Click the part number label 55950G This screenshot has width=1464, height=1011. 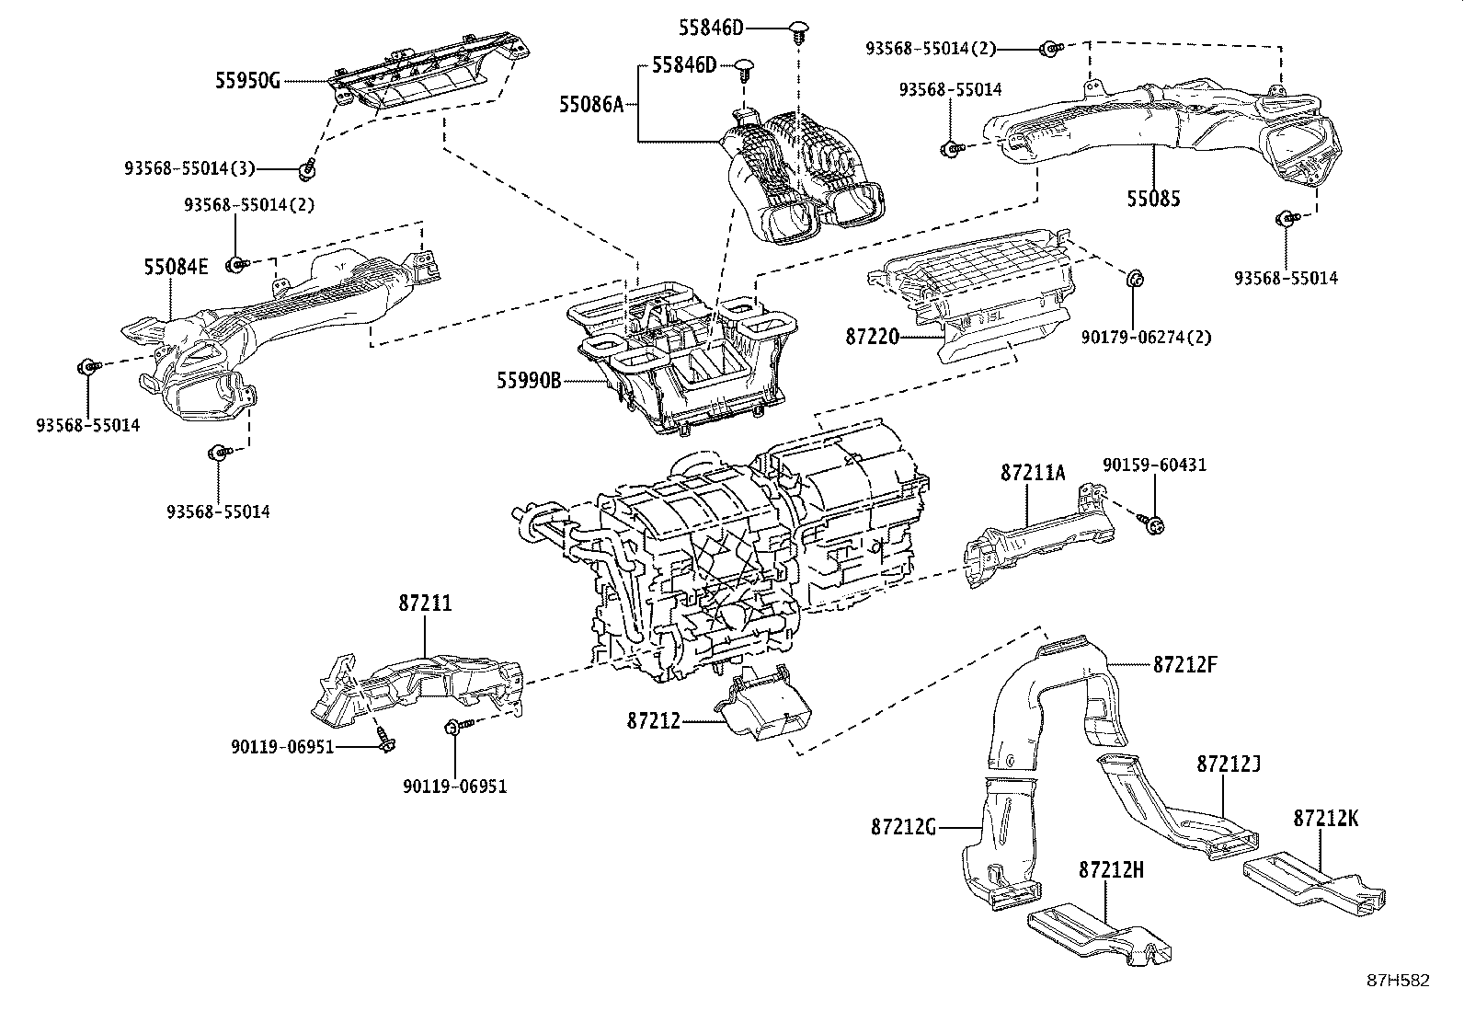point(247,81)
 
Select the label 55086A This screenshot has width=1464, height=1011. point(591,105)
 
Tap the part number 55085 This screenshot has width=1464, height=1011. point(1153,199)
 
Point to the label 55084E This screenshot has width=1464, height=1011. point(175,267)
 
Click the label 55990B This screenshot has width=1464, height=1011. point(529,380)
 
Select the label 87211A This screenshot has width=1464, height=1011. point(1033,474)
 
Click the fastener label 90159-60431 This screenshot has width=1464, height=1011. point(1154,465)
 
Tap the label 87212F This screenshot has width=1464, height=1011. point(1185,663)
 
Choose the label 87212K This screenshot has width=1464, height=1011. point(1325,817)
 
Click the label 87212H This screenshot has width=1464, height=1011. point(1111,869)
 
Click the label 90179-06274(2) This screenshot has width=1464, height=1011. point(1145,338)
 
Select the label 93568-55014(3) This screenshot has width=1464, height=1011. point(190,168)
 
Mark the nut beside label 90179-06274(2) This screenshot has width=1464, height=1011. point(1135,277)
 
